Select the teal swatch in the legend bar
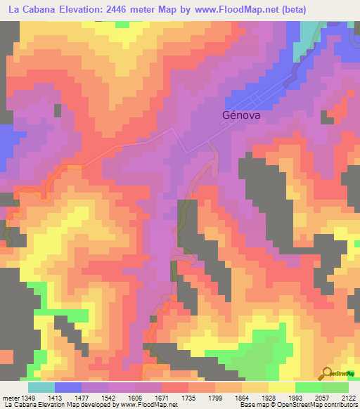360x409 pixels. tap(41, 387)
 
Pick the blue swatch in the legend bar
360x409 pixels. tap(68, 387)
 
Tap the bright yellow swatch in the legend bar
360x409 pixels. tap(282, 387)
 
